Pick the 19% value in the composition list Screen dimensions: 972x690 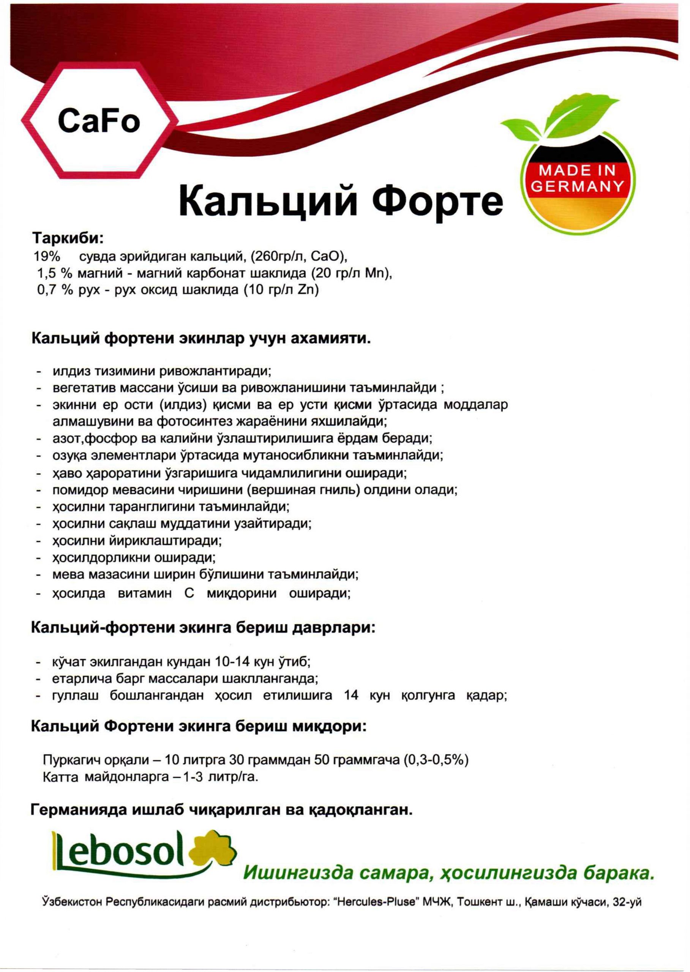tap(46, 257)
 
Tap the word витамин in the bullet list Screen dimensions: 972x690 tap(144, 593)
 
